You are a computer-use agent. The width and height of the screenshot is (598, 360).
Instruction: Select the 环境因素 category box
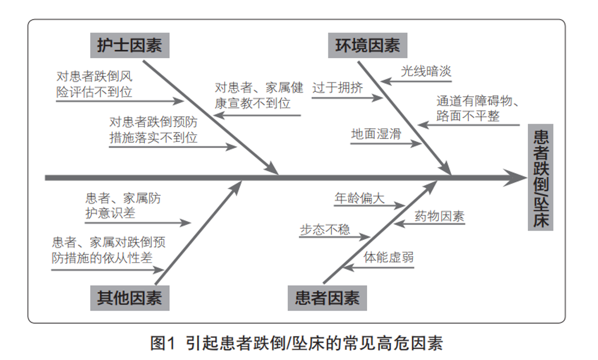coord(368,46)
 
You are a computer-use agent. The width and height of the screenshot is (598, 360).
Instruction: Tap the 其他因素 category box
coord(130,298)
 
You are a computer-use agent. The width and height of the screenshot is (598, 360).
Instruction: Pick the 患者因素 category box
coord(327,298)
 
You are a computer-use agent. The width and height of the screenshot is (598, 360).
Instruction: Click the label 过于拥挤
coord(337,88)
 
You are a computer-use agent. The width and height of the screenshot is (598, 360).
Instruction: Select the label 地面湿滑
coord(376,134)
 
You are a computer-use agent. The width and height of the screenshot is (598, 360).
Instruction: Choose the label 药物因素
coord(439,216)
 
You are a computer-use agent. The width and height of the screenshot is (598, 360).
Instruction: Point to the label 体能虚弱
coord(389,257)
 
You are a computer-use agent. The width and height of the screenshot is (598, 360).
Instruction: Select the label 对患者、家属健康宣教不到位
coord(259,95)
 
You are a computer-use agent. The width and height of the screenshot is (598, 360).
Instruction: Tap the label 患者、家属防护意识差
coord(123,205)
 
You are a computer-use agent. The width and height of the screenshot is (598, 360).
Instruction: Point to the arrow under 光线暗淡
coord(410,81)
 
